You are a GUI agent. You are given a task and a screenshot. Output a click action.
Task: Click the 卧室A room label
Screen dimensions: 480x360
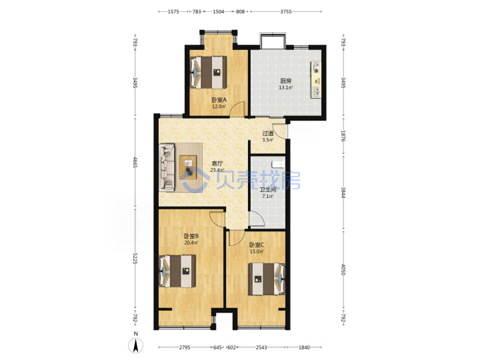coord(219,100)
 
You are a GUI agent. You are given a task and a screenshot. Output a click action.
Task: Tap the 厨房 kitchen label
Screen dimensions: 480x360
coord(285,81)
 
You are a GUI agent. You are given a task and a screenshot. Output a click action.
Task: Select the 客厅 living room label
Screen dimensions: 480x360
coord(217,164)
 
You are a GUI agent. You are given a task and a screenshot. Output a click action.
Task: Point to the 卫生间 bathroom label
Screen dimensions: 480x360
coord(268,190)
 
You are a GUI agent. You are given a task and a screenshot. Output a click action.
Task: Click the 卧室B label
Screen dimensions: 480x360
coord(191,236)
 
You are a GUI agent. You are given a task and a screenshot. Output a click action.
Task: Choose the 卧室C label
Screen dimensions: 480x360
coord(257,245)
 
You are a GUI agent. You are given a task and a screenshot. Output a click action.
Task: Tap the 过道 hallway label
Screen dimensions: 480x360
coord(268,133)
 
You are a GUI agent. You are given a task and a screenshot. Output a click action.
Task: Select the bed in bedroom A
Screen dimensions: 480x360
coord(208,73)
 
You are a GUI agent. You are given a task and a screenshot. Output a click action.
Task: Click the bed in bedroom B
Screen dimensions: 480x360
coord(177,271)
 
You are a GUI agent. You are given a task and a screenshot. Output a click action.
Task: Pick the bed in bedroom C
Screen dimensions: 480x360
coord(267,279)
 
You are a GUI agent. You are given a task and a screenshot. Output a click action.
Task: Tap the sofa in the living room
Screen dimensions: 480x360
coord(167,167)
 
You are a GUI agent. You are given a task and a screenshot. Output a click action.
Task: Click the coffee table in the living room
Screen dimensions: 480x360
coord(188,166)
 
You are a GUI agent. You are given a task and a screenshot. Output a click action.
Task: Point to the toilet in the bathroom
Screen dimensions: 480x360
coord(277,164)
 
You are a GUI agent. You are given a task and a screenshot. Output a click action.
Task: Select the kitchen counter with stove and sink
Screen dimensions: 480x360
coord(316,79)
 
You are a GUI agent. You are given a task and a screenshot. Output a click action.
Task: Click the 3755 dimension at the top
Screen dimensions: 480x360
coord(286,11)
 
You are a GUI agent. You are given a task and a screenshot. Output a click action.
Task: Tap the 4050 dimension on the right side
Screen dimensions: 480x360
coord(343,269)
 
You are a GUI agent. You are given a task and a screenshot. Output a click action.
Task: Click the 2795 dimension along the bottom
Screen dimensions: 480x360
coord(185,347)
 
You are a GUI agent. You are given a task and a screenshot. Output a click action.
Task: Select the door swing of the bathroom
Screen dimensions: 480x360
coord(257,218)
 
